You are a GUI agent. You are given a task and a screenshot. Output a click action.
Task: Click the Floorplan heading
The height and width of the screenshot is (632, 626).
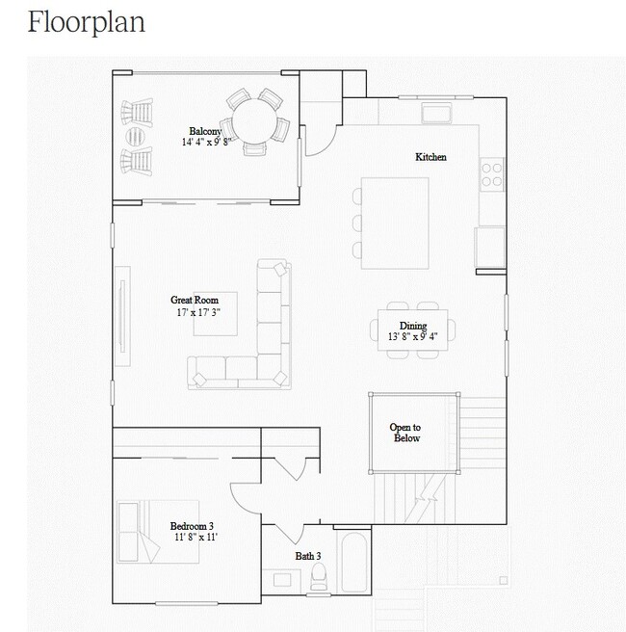click(87, 23)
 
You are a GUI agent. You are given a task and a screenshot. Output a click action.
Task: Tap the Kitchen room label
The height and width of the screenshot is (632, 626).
click(430, 157)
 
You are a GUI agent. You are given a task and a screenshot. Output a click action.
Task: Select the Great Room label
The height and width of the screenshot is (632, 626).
click(195, 300)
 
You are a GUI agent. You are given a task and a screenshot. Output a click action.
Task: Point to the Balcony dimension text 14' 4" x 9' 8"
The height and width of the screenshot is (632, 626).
click(206, 142)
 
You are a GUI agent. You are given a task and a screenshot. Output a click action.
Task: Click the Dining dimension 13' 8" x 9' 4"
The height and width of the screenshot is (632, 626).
click(412, 336)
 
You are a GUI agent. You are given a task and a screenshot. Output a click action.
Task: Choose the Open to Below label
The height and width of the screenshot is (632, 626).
click(405, 433)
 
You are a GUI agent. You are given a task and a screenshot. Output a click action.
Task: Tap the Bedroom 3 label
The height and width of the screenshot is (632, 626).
click(192, 526)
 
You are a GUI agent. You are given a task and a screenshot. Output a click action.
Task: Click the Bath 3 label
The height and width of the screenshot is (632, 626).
click(308, 556)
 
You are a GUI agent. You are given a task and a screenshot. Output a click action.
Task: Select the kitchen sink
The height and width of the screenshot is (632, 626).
click(436, 113)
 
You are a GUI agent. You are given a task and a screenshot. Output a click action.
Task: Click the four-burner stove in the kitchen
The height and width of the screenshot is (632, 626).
click(492, 174)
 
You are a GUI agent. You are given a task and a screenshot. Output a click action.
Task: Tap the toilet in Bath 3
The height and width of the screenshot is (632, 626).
click(319, 577)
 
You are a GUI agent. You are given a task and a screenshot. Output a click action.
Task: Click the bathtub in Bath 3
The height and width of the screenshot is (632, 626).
click(354, 563)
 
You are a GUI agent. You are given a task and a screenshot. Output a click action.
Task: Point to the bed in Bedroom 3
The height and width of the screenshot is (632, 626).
click(158, 532)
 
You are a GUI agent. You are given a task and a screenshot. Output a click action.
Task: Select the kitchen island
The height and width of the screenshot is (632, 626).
click(395, 223)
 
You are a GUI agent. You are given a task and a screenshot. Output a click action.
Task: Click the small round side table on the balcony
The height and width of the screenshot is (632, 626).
click(135, 137)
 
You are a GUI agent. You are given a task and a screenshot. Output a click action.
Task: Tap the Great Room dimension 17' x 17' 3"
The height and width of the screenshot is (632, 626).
click(198, 312)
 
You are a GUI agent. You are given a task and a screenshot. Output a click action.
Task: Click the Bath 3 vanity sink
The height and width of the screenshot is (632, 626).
click(282, 580)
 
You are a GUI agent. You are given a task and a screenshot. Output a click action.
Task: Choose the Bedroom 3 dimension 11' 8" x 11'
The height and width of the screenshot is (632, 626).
click(196, 537)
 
